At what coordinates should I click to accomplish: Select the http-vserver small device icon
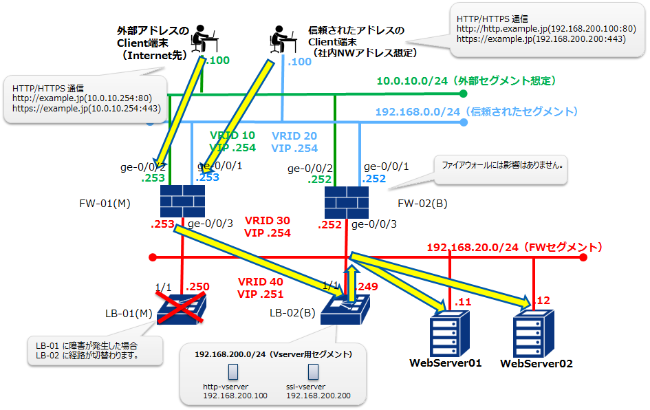(x=232, y=372)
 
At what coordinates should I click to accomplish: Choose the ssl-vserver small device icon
(x=314, y=372)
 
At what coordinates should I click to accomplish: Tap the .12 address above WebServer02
(x=543, y=301)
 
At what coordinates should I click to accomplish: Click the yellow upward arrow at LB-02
(x=351, y=284)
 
